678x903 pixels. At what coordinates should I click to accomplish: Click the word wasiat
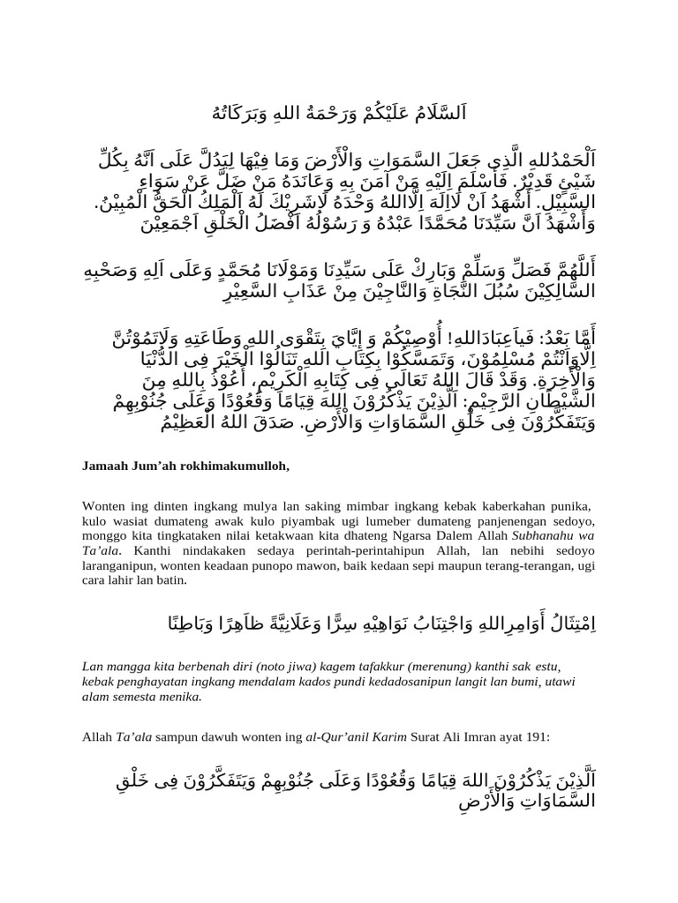coord(121,521)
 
